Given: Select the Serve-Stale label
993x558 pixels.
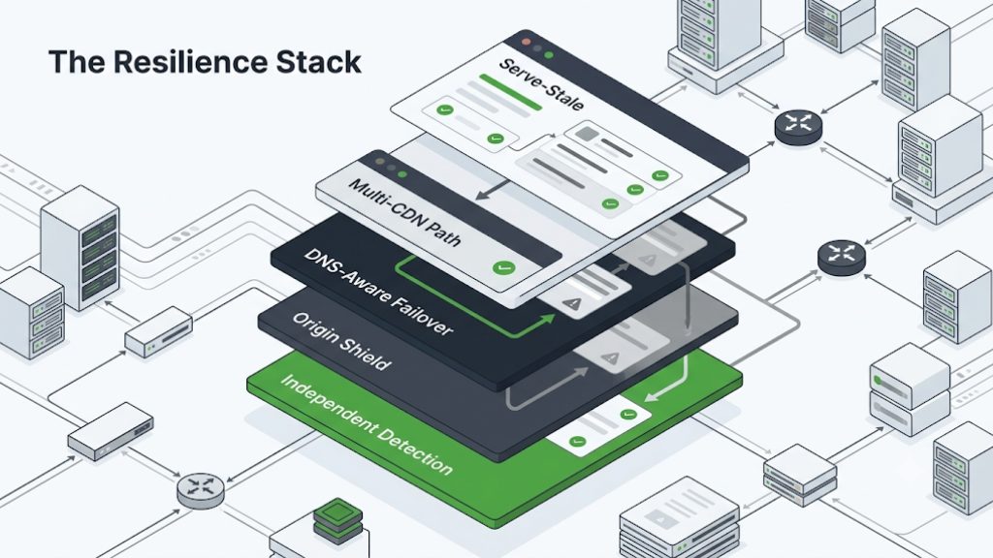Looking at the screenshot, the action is [541, 84].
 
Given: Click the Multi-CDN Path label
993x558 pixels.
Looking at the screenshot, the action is [405, 212].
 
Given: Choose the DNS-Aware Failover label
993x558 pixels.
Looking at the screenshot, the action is [378, 292].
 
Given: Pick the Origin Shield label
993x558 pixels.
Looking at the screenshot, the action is [341, 341].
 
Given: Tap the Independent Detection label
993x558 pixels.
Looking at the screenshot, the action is [367, 424].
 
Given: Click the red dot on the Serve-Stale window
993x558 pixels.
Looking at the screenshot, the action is [526, 42].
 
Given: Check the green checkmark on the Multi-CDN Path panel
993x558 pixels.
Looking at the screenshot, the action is [503, 267].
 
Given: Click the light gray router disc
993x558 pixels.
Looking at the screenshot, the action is [200, 490].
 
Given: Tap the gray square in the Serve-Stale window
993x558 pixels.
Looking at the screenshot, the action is [587, 134].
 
